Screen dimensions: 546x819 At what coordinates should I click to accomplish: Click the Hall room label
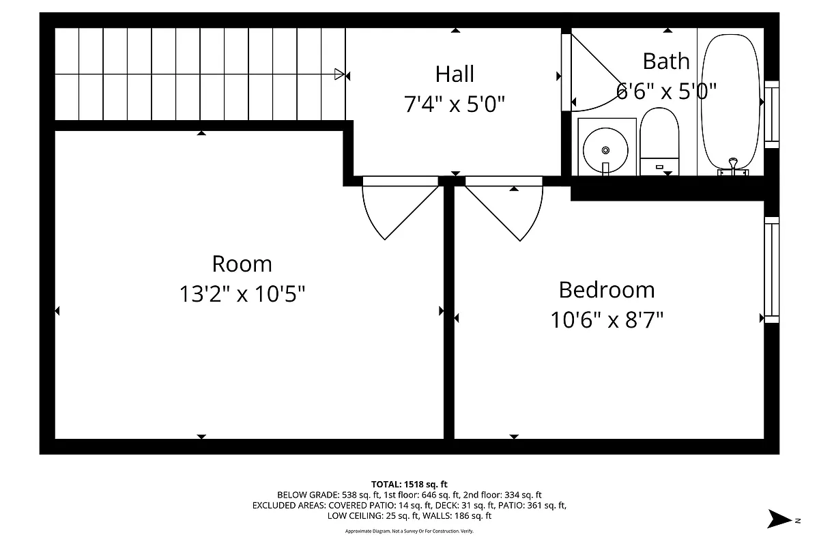pyautogui.click(x=455, y=74)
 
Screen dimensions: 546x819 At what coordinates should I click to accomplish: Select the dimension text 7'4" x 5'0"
pyautogui.click(x=455, y=104)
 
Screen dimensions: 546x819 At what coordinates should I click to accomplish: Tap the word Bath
pyautogui.click(x=666, y=61)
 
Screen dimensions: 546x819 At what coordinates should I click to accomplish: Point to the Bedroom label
pyautogui.click(x=606, y=290)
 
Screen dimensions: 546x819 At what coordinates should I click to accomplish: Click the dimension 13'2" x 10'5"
pyautogui.click(x=242, y=294)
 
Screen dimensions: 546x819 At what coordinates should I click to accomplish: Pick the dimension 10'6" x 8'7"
pyautogui.click(x=607, y=320)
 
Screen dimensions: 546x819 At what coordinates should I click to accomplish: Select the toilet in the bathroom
pyautogui.click(x=659, y=142)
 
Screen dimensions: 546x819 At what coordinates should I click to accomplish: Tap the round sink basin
pyautogui.click(x=605, y=147)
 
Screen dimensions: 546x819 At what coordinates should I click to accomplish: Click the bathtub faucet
pyautogui.click(x=733, y=165)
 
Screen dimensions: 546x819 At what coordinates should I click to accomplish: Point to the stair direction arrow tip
pyautogui.click(x=341, y=74)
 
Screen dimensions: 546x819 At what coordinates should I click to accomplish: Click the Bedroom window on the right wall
pyautogui.click(x=771, y=270)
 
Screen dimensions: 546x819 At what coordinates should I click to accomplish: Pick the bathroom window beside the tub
pyautogui.click(x=771, y=114)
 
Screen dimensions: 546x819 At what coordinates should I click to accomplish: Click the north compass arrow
pyautogui.click(x=778, y=519)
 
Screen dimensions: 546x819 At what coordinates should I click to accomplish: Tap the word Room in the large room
pyautogui.click(x=242, y=264)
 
